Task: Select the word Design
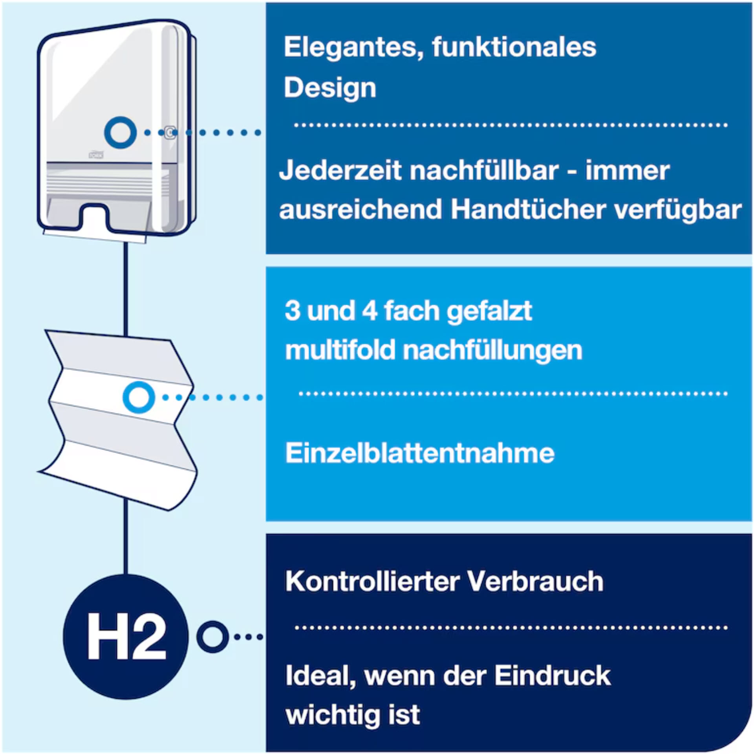[x=330, y=88]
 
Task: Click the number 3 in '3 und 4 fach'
[x=292, y=311]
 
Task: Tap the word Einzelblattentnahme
[x=419, y=454]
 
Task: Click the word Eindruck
[x=552, y=676]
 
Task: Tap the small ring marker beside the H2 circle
[x=212, y=637]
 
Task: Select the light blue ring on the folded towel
[x=139, y=397]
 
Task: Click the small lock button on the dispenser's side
[x=170, y=133]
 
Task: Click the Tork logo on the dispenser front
[x=96, y=156]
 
